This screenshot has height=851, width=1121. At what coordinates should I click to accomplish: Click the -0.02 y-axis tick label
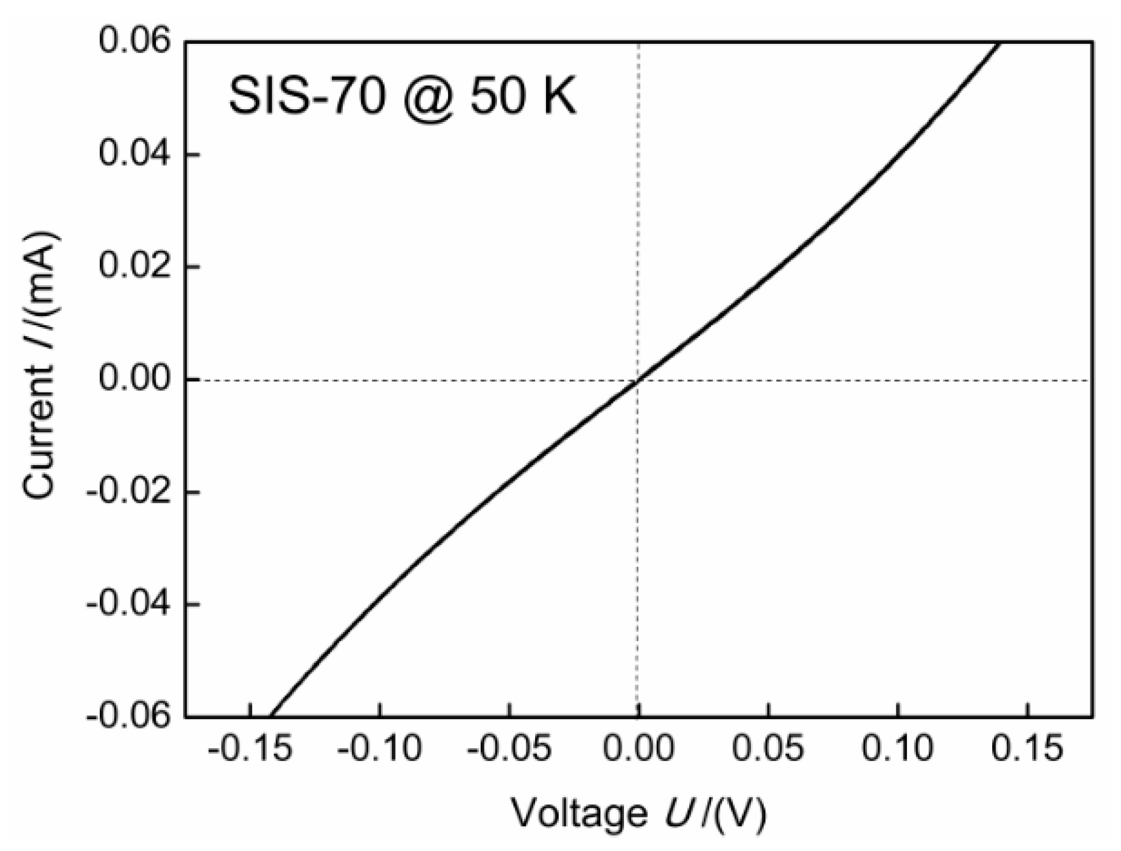[x=129, y=492]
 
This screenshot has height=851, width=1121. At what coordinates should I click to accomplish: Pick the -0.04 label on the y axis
[x=129, y=604]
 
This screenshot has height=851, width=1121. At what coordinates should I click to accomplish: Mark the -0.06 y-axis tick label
[x=129, y=716]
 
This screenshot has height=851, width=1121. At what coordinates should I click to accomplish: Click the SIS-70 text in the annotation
[x=307, y=96]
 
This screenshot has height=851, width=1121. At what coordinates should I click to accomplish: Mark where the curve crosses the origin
[x=637, y=380]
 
